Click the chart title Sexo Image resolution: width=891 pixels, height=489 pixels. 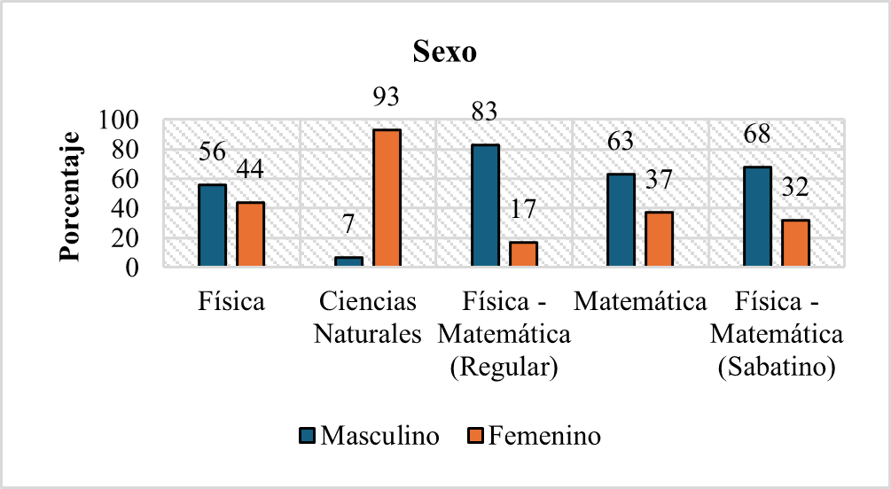click(446, 52)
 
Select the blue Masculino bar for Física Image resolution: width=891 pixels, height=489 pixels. click(212, 225)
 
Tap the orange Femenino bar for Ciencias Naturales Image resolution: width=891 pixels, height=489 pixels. click(387, 198)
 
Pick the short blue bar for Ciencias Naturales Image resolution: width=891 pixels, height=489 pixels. click(348, 261)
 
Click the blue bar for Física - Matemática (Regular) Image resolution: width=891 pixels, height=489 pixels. click(485, 206)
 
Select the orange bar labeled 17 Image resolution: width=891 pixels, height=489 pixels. click(523, 254)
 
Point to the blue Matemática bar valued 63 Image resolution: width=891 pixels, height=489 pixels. click(621, 220)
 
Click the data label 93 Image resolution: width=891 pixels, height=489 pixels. click(386, 97)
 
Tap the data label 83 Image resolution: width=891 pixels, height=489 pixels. click(485, 113)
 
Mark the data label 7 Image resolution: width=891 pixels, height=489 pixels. click(348, 224)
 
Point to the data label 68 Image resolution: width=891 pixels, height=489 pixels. click(757, 135)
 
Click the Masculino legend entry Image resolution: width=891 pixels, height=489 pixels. click(370, 436)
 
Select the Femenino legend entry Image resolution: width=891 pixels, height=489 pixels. click(535, 436)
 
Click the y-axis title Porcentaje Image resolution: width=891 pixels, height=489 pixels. click(71, 196)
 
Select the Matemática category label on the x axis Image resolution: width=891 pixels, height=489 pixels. click(639, 302)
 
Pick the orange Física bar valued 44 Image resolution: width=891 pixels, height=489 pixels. click(250, 234)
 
